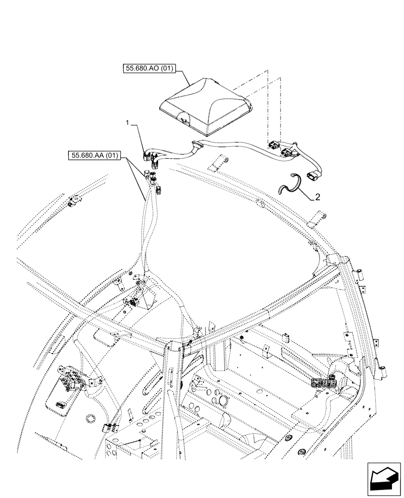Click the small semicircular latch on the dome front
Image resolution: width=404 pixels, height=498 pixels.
coord(184,120)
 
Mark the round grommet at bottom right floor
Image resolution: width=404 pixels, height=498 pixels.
coord(300,454)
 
